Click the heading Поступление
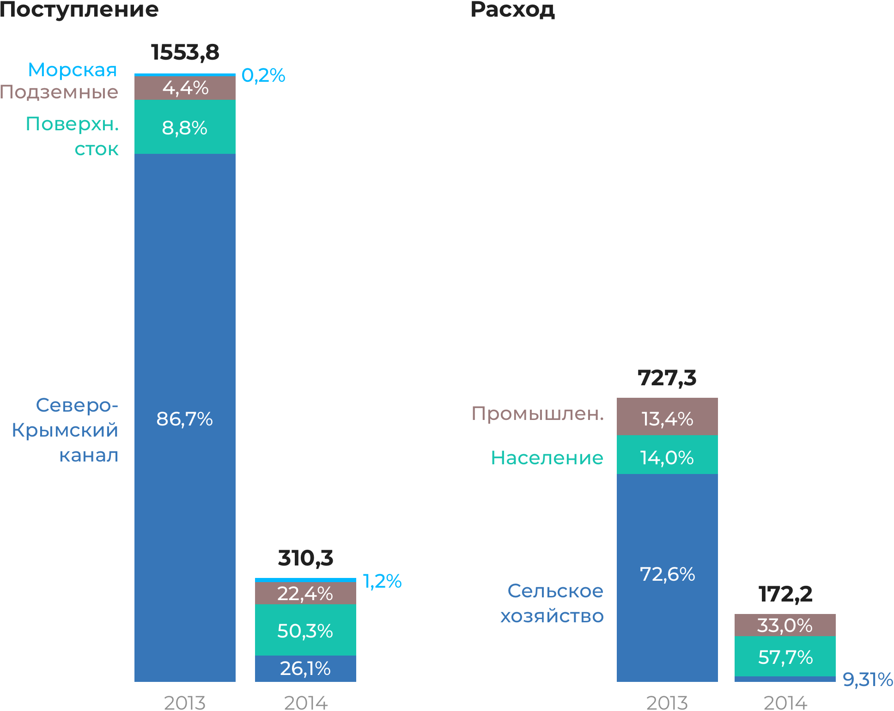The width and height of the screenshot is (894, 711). tap(79, 10)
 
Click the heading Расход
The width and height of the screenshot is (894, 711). tap(512, 10)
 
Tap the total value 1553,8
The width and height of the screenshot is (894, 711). tap(185, 52)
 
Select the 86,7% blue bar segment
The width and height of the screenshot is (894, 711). tap(185, 419)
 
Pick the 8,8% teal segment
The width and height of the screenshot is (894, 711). tap(185, 128)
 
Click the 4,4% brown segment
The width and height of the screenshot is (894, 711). tap(185, 88)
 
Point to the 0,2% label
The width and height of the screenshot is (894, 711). tap(263, 75)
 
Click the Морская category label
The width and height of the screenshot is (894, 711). tap(73, 70)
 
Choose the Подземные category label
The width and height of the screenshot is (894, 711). tap(59, 92)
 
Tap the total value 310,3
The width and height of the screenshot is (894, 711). tap(305, 558)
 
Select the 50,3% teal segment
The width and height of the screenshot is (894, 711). tap(305, 631)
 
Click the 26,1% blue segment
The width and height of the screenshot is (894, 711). tap(305, 668)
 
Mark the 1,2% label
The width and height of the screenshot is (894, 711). tap(382, 581)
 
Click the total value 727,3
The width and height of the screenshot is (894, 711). tap(667, 378)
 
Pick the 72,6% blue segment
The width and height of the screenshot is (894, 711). tap(667, 574)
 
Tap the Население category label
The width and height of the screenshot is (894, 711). tap(547, 458)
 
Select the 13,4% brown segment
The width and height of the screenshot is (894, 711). tap(667, 419)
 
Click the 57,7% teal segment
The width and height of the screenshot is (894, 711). tap(785, 657)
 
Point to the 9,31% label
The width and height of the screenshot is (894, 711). tap(867, 679)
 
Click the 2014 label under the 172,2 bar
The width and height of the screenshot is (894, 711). tap(785, 703)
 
